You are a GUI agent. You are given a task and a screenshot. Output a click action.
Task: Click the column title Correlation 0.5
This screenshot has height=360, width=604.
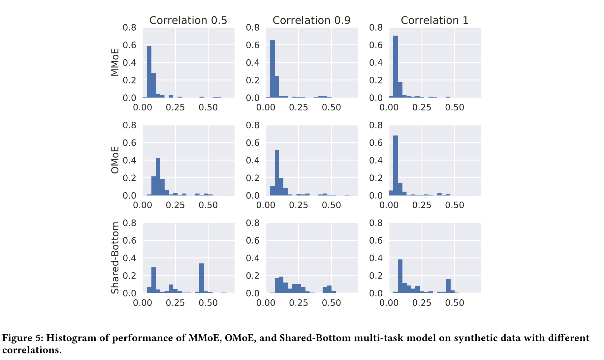188,20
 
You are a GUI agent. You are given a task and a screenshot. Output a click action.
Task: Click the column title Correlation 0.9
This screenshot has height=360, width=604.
311,20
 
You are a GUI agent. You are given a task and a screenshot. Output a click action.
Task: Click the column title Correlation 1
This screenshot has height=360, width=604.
434,20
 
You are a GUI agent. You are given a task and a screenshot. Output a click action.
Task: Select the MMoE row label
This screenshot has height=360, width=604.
115,62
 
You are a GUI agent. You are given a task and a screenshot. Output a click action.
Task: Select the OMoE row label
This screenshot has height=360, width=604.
115,160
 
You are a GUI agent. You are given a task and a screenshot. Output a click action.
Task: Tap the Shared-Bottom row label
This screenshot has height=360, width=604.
115,258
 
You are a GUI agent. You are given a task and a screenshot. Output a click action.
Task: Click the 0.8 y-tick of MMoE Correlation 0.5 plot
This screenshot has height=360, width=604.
129,27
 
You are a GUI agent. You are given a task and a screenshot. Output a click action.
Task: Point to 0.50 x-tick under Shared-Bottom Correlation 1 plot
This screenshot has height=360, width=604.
455,303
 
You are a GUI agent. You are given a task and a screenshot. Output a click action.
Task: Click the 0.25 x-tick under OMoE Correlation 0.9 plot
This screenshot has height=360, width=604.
298,205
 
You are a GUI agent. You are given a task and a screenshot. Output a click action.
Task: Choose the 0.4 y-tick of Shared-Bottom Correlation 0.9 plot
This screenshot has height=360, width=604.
253,258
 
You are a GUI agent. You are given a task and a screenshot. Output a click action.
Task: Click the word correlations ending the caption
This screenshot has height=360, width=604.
32,350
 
